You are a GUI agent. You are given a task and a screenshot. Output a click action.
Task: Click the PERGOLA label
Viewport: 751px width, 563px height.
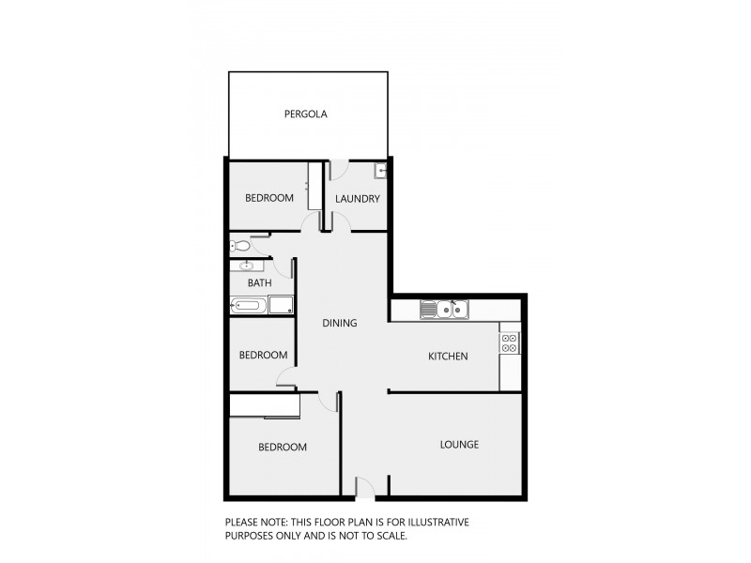point(306,114)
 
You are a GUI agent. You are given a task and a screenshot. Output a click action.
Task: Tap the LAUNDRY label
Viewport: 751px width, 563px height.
point(358,199)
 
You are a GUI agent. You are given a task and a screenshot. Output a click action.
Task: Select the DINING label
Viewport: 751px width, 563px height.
point(340,324)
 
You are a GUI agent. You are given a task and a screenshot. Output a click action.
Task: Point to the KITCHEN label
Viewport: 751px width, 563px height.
point(448,357)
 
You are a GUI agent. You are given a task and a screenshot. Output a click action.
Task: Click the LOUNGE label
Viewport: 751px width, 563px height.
point(459,445)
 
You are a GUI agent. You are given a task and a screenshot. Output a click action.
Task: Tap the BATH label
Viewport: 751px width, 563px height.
point(260,282)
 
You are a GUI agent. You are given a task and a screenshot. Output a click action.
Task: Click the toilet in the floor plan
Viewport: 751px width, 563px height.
point(239,247)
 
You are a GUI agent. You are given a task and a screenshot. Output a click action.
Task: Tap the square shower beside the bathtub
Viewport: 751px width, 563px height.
point(281,305)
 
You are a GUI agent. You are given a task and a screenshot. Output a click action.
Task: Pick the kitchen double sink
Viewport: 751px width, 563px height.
point(444,309)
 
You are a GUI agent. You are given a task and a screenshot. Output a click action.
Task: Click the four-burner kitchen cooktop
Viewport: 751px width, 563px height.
point(510,342)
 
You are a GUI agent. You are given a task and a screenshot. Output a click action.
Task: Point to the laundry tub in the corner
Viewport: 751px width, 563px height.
point(379,171)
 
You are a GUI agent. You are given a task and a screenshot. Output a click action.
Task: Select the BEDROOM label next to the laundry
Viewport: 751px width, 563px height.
point(269,198)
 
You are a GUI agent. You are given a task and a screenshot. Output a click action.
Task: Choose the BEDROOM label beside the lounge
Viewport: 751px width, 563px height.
point(283,448)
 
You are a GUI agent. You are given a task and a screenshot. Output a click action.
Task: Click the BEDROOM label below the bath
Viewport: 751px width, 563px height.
point(263,356)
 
